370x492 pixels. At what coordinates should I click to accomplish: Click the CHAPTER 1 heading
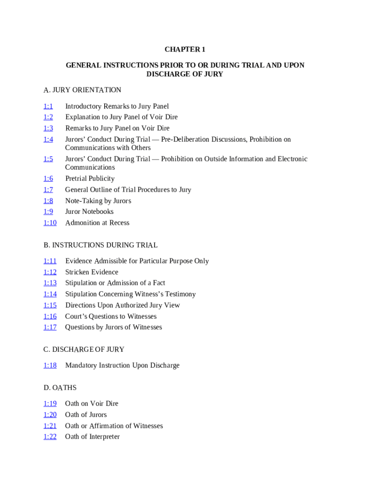pyautogui.click(x=185, y=49)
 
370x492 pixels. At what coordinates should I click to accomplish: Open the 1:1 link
pyautogui.click(x=48, y=106)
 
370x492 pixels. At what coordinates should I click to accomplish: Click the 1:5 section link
pyautogui.click(x=48, y=159)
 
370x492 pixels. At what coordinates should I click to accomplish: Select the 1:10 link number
pyautogui.click(x=50, y=222)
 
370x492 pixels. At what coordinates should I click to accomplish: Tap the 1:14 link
pyautogui.click(x=50, y=294)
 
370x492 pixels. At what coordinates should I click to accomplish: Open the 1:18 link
pyautogui.click(x=50, y=365)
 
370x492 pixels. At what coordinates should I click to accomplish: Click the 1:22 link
pyautogui.click(x=50, y=437)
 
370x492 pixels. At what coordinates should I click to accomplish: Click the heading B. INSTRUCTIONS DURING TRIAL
pyautogui.click(x=100, y=245)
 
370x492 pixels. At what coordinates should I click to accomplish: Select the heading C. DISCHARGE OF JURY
pyautogui.click(x=84, y=349)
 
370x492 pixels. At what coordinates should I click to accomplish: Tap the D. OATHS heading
pyautogui.click(x=60, y=388)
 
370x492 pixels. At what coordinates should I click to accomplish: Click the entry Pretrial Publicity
pyautogui.click(x=90, y=179)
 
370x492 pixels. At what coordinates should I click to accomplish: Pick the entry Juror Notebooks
pyautogui.click(x=89, y=211)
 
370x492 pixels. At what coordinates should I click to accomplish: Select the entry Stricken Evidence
pyautogui.click(x=92, y=272)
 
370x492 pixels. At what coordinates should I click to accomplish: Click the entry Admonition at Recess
pyautogui.click(x=97, y=222)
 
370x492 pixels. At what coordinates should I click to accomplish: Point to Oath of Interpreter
pyautogui.click(x=92, y=437)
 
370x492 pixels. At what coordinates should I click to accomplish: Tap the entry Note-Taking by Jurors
pyautogui.click(x=98, y=201)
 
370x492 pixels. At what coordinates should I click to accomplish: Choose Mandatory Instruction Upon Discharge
pyautogui.click(x=122, y=365)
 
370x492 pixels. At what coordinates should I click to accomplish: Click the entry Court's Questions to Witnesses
pyautogui.click(x=111, y=316)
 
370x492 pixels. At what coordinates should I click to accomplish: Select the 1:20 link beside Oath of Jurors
pyautogui.click(x=50, y=415)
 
